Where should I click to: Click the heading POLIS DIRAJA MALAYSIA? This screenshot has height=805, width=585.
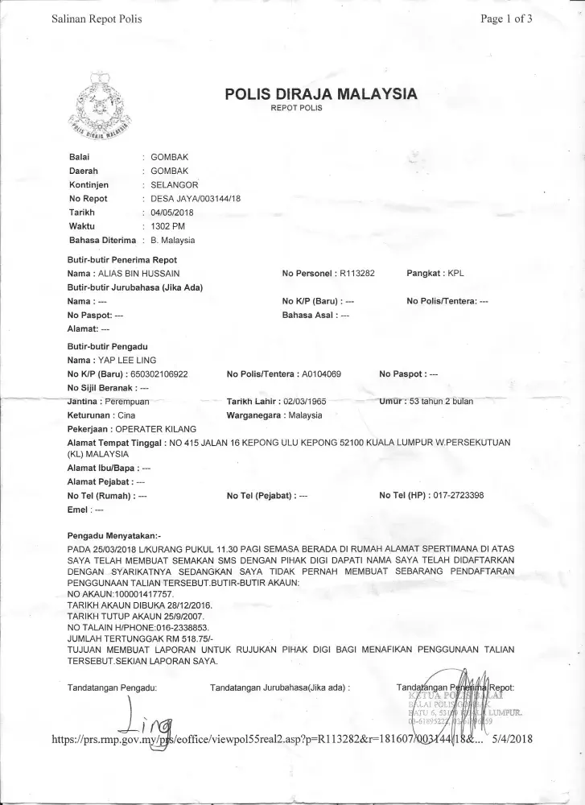321,94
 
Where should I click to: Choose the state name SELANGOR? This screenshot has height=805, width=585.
175,184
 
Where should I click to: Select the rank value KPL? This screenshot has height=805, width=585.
455,274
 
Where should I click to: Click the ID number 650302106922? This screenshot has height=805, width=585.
159,374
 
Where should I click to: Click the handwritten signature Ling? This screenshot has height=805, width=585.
148,721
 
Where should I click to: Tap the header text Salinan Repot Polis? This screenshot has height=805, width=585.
97,19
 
